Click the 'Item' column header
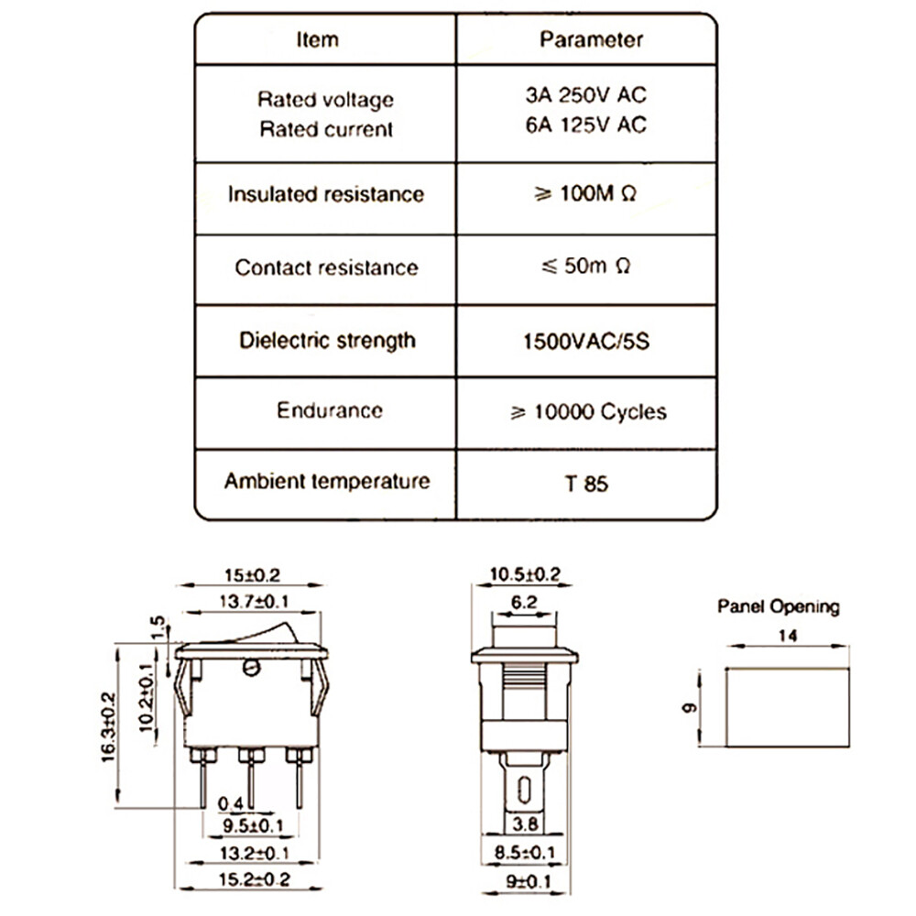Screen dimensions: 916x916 coord(317,39)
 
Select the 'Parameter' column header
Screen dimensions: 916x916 coord(591,39)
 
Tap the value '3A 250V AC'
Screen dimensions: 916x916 coord(586,94)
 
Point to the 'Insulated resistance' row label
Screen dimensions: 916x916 coord(326,194)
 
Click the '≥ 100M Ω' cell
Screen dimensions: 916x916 coord(584,193)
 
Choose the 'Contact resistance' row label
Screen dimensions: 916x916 coord(327,267)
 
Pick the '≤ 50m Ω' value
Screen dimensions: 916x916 coord(585,266)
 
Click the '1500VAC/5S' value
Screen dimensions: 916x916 coord(586,341)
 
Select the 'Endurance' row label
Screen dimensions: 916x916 coord(330,410)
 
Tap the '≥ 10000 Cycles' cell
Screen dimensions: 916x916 coord(588,412)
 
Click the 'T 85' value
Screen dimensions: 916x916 coord(586,484)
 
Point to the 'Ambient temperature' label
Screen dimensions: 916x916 coord(327,481)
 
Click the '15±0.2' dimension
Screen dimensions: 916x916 coord(253,575)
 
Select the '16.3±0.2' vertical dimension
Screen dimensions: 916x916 coord(109,726)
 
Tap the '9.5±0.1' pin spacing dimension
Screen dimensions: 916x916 coord(253,825)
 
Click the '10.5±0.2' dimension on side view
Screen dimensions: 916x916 coord(525,574)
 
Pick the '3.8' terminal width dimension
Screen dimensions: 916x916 coord(525,823)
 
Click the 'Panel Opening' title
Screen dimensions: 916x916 coord(778,607)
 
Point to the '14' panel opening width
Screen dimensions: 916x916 coord(788,636)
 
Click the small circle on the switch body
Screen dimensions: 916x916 coord(251,668)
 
